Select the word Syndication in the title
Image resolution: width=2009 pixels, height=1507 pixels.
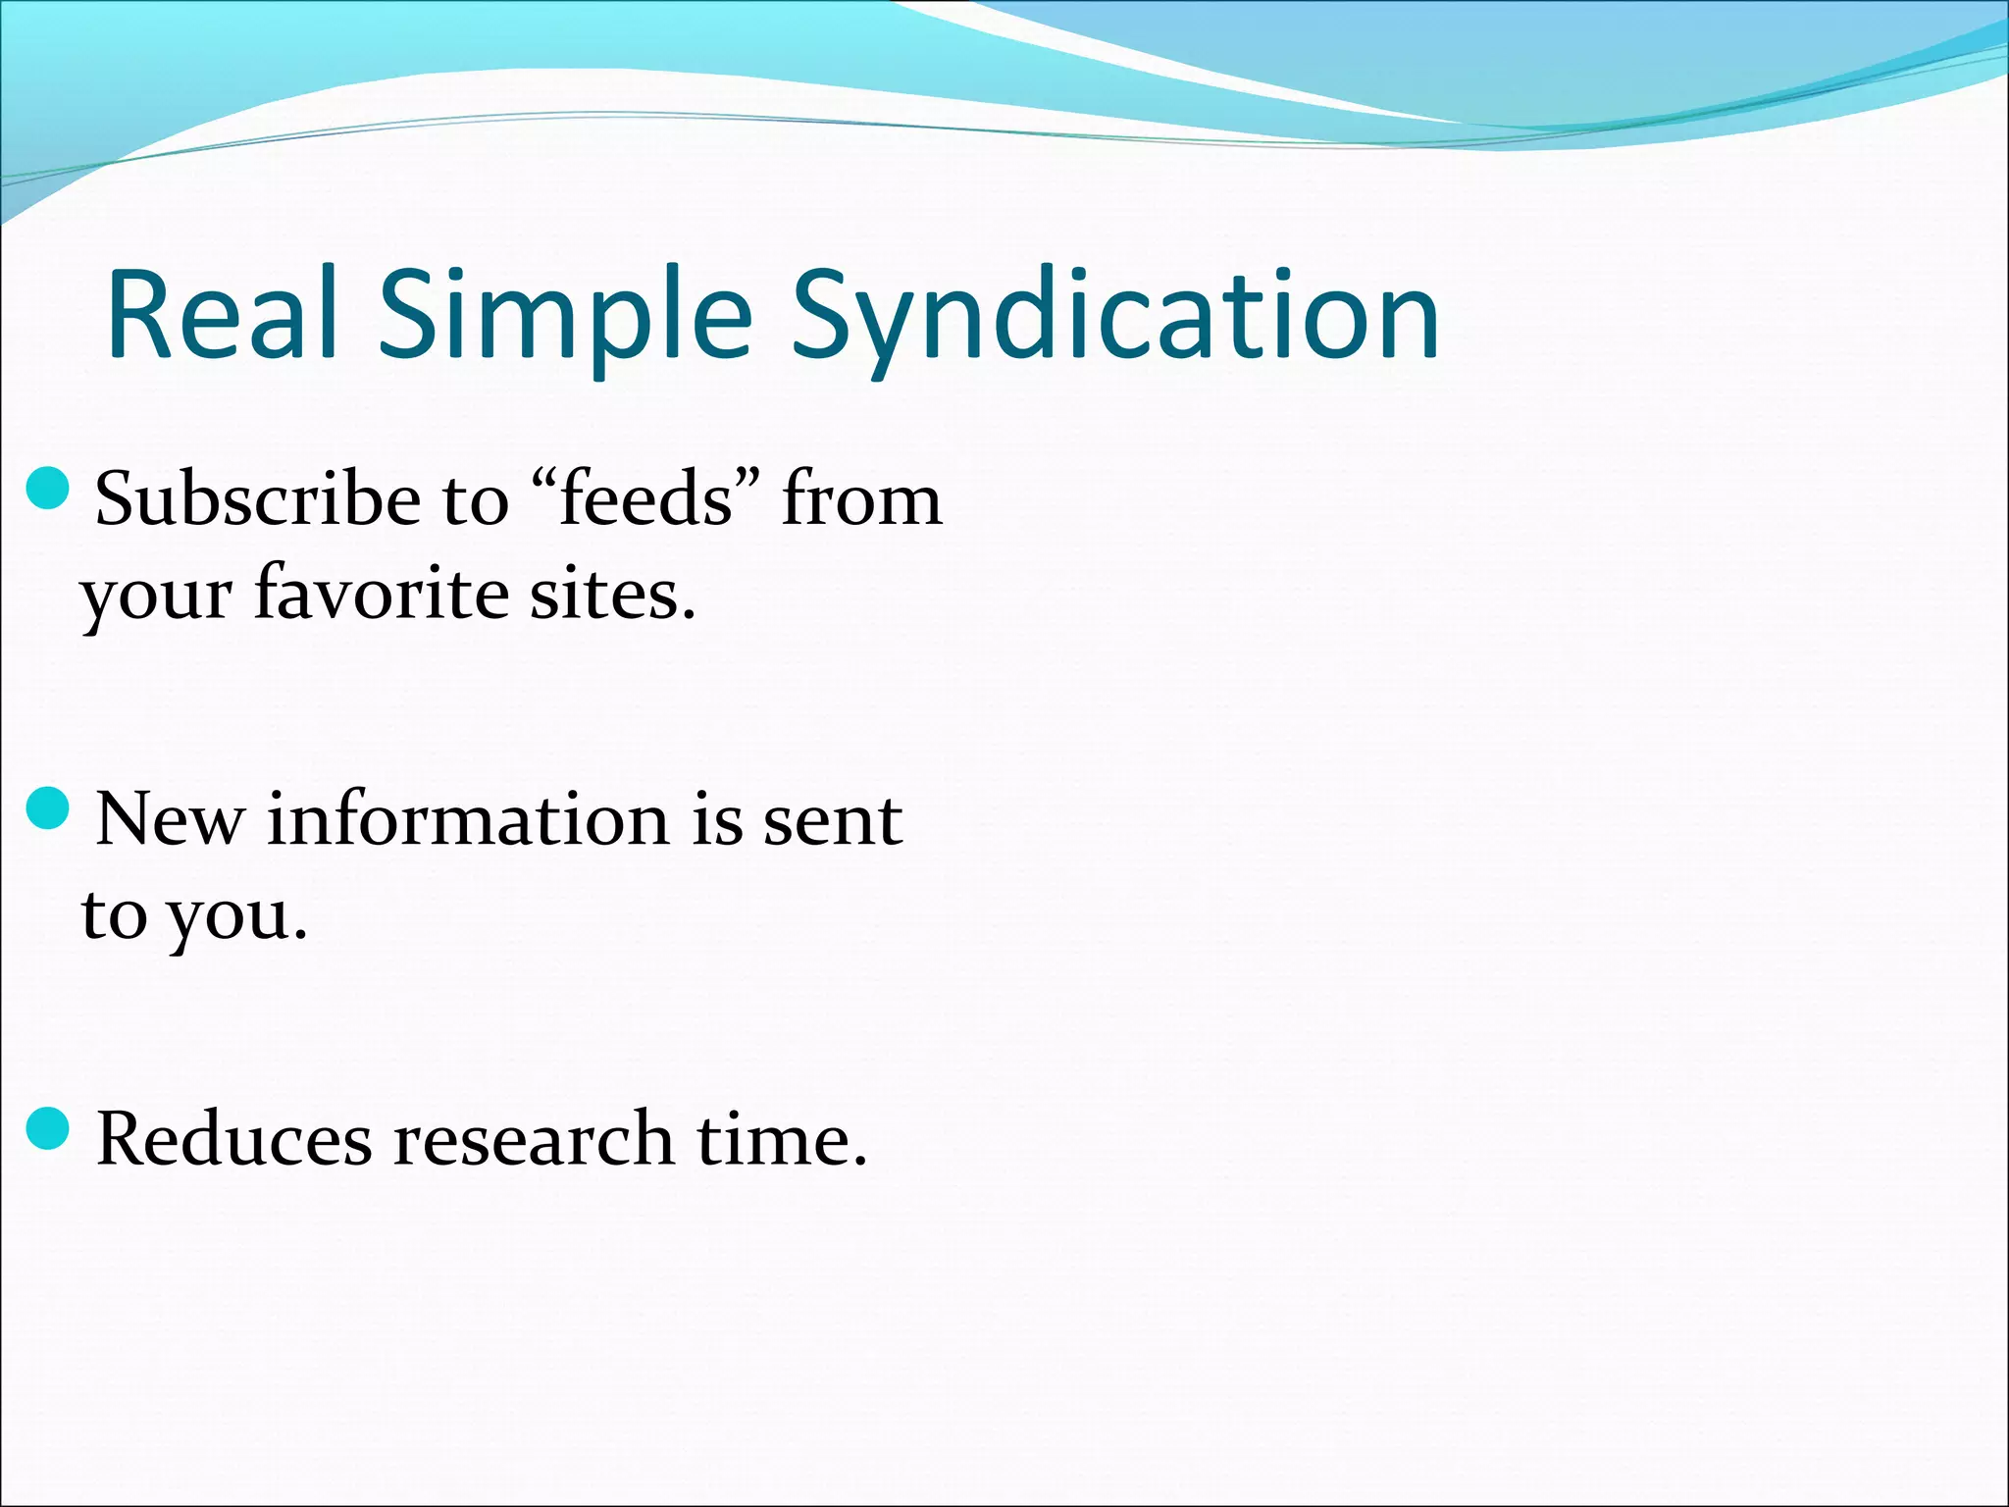(1115, 315)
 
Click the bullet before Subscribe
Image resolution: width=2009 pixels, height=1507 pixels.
(48, 489)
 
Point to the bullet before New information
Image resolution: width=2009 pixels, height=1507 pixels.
(48, 808)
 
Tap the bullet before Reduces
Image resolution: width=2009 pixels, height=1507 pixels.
(48, 1128)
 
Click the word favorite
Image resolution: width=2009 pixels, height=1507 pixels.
(381, 594)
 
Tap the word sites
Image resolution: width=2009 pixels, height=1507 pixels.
(612, 594)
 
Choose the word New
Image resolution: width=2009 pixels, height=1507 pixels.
(170, 818)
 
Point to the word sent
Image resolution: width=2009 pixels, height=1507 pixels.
(832, 818)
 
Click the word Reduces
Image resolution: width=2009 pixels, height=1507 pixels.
(234, 1139)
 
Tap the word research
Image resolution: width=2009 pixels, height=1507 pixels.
(534, 1139)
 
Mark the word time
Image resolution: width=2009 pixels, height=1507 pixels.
(781, 1139)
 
